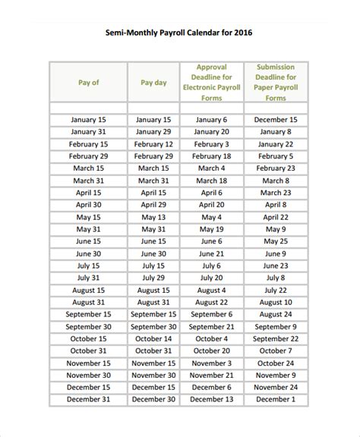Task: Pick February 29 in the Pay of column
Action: [88, 156]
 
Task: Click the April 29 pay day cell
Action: [153, 205]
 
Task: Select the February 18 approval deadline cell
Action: [211, 156]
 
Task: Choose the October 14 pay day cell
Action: [153, 338]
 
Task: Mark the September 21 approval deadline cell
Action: [211, 326]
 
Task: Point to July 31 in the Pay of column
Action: [88, 278]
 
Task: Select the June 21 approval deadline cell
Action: [211, 253]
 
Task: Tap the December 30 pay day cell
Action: [153, 399]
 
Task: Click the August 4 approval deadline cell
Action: [211, 290]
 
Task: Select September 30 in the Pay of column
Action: [88, 326]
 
